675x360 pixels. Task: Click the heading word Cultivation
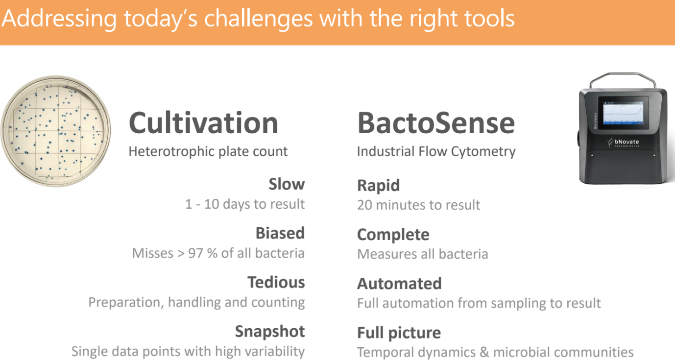click(203, 123)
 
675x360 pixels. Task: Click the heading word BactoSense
click(436, 123)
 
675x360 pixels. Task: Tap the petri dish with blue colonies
click(56, 131)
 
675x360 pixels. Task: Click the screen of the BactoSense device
click(623, 113)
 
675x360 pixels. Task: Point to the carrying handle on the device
click(623, 75)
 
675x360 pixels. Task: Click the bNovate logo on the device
click(623, 142)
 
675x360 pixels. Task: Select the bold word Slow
click(287, 184)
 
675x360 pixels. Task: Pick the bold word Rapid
click(379, 185)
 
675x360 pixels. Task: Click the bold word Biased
click(280, 233)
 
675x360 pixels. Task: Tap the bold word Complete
click(393, 235)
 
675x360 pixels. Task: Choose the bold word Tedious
click(276, 282)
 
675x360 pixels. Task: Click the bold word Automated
click(400, 284)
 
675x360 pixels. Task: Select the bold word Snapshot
click(270, 332)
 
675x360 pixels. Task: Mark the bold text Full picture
click(399, 333)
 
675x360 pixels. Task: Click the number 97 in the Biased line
click(195, 253)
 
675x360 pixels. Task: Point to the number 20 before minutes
click(364, 205)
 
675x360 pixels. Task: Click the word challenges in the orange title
click(258, 19)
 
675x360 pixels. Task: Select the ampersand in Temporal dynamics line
click(484, 352)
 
